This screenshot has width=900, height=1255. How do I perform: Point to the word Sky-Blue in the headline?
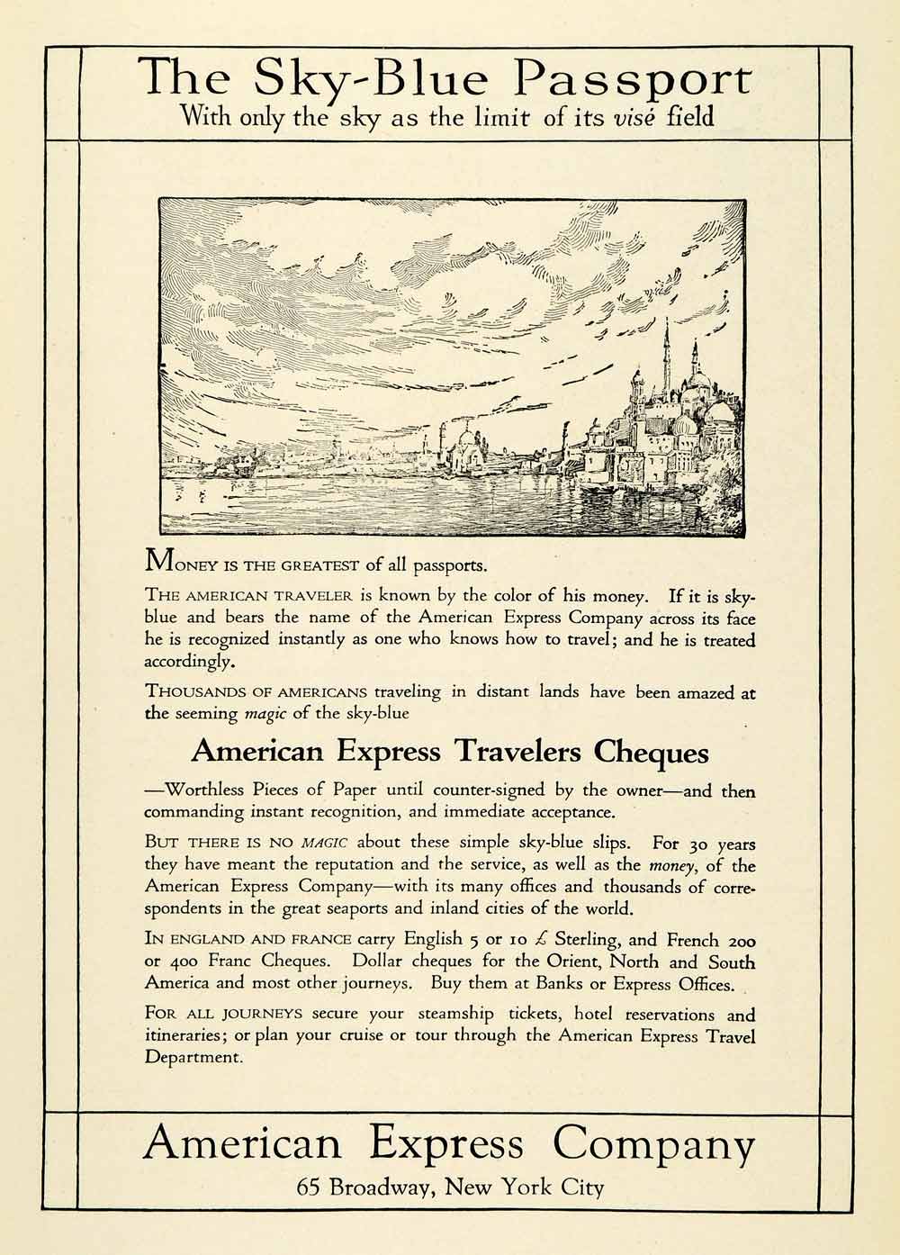(370, 80)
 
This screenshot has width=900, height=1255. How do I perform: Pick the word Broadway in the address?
(383, 1187)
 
